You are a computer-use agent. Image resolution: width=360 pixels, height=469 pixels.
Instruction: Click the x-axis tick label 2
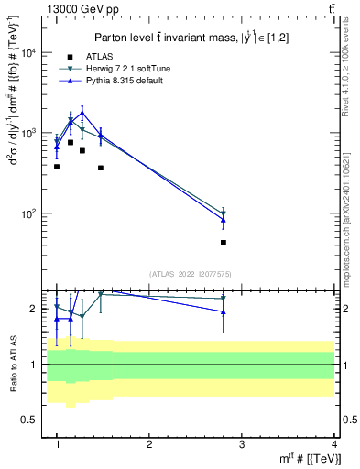(x=149, y=444)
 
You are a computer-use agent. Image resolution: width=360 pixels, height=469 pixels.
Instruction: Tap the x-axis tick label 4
(x=333, y=444)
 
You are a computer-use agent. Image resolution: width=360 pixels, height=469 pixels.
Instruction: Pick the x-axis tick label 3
(x=241, y=444)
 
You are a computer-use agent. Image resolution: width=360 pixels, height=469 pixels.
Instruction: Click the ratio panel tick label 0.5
(x=32, y=420)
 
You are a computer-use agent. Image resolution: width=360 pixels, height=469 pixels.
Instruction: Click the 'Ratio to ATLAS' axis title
(x=12, y=365)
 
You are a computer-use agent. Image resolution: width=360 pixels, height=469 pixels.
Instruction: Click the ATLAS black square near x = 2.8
(x=224, y=243)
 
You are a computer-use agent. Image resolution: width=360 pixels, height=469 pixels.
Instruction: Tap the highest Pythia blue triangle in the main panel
(x=82, y=113)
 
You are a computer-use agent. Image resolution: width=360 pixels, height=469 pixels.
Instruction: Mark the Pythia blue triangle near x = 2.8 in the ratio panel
(x=224, y=312)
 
